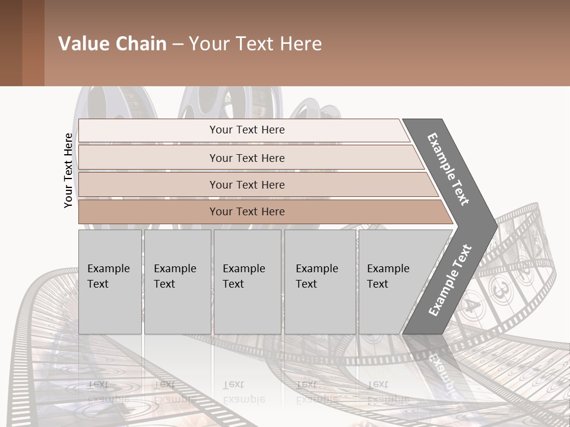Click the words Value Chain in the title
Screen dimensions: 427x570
[112, 44]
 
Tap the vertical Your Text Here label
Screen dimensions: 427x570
[68, 170]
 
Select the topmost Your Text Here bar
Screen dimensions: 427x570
[246, 130]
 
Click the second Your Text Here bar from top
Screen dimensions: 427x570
[246, 158]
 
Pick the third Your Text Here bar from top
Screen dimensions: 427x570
[246, 184]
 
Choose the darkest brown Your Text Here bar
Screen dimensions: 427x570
[246, 212]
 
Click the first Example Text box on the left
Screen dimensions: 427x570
[110, 282]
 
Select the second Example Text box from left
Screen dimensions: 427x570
[178, 282]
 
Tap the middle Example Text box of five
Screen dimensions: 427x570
[247, 282]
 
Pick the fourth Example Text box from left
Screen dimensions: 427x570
[320, 282]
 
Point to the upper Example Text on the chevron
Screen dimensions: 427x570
[449, 169]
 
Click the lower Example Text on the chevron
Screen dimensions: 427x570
[450, 280]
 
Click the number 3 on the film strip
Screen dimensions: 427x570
[502, 290]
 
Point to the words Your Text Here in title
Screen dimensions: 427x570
[255, 44]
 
